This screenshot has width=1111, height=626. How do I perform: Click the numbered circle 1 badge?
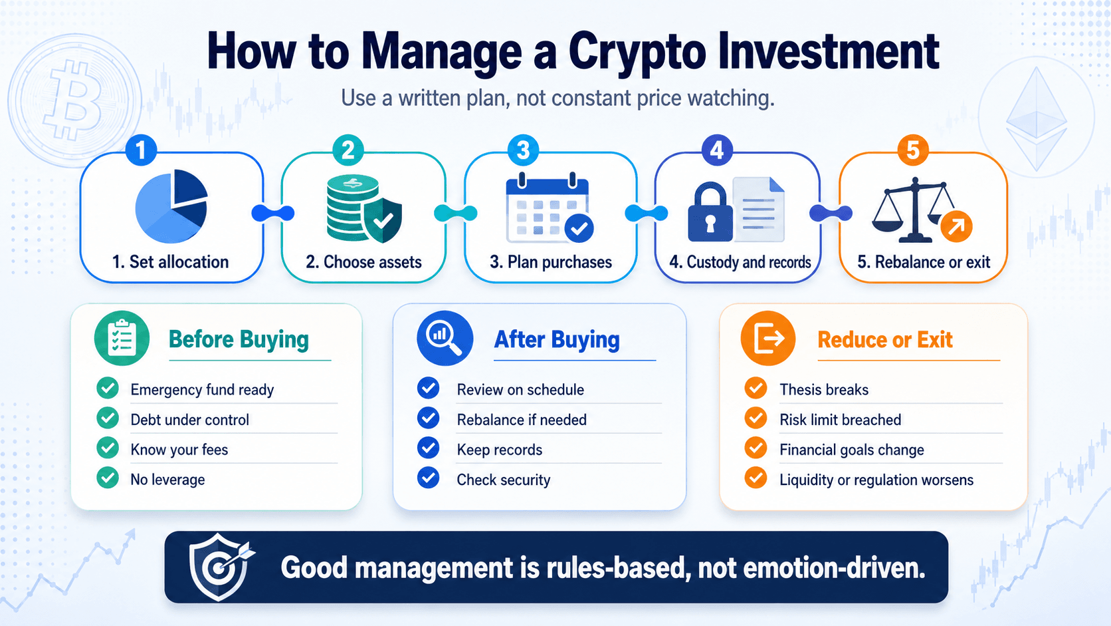coord(142,150)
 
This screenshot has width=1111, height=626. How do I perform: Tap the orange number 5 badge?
coord(913,150)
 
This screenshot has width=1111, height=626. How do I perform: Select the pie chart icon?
coord(171,206)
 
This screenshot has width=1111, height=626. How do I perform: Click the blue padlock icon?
coord(710,212)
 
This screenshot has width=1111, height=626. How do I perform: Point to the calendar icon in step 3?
coord(550,208)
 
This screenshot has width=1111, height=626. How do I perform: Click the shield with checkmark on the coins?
coord(382,220)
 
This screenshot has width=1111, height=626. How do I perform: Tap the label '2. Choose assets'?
coord(363,262)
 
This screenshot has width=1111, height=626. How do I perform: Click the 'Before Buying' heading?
coord(239,339)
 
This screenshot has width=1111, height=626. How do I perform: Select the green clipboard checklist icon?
coord(122,339)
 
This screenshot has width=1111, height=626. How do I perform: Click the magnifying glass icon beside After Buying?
coord(445,339)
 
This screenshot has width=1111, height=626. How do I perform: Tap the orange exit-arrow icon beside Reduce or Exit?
coord(768,339)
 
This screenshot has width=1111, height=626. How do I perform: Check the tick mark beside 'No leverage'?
coord(108,478)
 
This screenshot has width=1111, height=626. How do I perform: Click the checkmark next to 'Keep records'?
coord(428,448)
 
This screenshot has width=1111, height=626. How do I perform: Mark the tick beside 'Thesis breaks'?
coord(756,389)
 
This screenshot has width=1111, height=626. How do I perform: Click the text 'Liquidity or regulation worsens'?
coord(876,480)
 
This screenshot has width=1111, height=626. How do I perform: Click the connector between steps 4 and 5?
coord(831,214)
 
